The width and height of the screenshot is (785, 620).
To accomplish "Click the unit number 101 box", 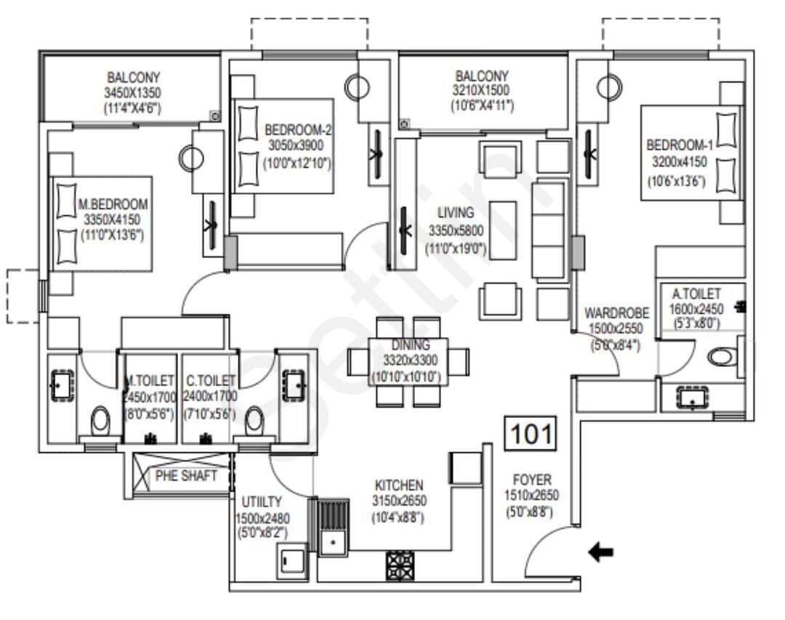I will click(531, 434).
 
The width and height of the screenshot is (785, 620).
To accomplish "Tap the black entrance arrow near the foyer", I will click(600, 553).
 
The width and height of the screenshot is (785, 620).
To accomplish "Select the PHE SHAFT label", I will click(187, 476).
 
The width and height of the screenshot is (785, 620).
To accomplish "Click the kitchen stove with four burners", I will click(399, 565).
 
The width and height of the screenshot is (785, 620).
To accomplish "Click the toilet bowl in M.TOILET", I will click(100, 420).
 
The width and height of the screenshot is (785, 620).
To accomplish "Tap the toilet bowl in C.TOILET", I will click(254, 420).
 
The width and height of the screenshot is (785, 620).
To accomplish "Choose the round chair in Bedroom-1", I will click(609, 88).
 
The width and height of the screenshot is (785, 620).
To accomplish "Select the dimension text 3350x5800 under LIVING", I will click(456, 231).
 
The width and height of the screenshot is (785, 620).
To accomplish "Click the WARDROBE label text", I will click(616, 314).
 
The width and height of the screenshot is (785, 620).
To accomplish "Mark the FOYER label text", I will click(532, 480).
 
